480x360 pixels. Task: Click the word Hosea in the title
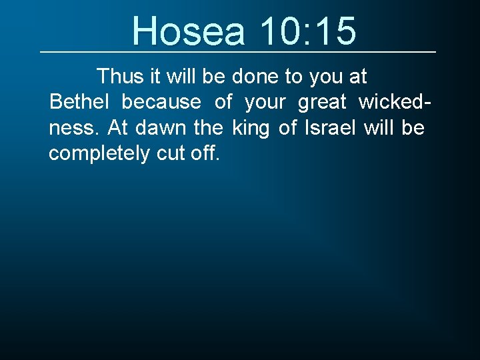189,31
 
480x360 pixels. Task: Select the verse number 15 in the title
335,31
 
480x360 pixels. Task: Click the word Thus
119,77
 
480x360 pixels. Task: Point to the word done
255,77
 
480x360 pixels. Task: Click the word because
161,102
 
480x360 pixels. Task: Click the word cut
170,153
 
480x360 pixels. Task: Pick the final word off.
204,153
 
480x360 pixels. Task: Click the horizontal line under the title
238,52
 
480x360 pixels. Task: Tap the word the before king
208,127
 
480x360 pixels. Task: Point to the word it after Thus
154,77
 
